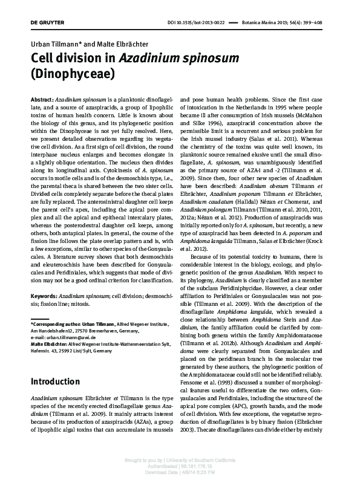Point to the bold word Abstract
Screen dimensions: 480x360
point(41,98)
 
